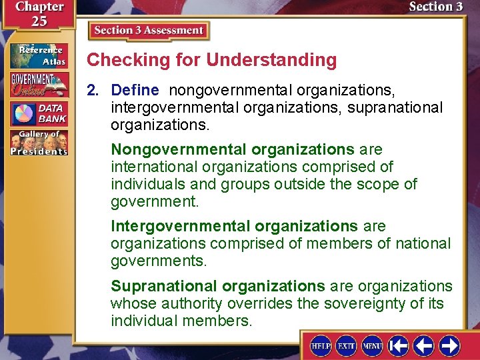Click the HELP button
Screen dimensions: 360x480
321,345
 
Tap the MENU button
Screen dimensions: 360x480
371,345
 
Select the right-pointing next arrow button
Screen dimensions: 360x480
449,345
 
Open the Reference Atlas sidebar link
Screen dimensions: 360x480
38,56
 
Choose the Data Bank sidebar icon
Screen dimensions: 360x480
38,113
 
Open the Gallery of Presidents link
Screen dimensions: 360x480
38,143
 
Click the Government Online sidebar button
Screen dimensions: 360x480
38,85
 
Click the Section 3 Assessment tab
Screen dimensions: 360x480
148,31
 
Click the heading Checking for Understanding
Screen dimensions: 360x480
212,60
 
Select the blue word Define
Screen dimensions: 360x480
135,90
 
